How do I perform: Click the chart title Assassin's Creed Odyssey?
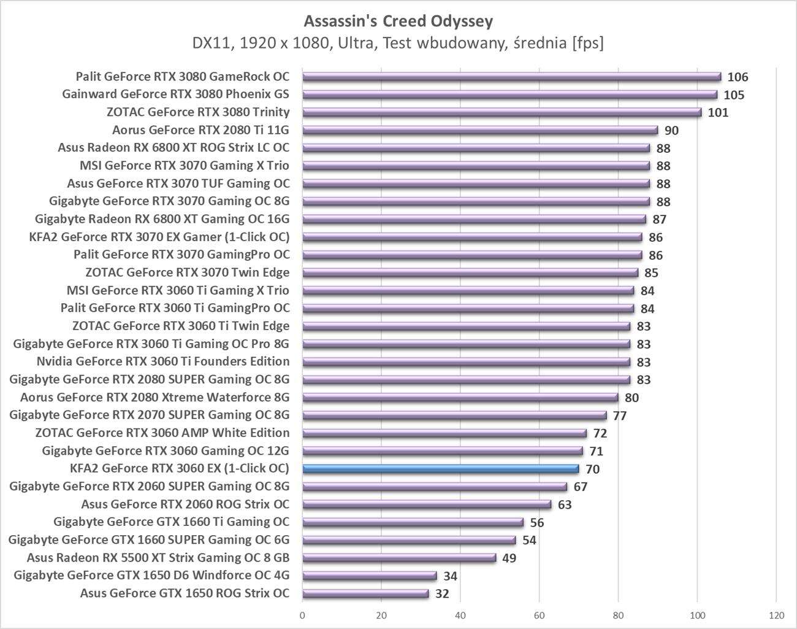pos(398,21)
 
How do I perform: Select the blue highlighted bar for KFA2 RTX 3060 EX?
pos(440,469)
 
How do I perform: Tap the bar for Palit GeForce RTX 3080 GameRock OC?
pos(511,77)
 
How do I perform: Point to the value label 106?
pos(738,77)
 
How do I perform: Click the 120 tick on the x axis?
pos(776,615)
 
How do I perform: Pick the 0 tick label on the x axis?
pos(302,615)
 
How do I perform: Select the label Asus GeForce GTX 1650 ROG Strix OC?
pos(185,593)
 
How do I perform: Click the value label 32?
pos(441,594)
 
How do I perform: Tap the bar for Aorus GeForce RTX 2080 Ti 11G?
pos(479,130)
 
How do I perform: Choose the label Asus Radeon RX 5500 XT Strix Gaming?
pos(158,558)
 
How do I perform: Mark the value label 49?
pos(509,558)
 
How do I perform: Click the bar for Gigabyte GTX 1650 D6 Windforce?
pos(369,576)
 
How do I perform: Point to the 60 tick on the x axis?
pos(539,615)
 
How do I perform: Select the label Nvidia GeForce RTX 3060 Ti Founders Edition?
pos(163,361)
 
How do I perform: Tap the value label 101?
pos(718,113)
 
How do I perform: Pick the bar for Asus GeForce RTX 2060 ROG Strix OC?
pos(427,504)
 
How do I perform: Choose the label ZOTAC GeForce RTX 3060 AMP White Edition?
pos(162,433)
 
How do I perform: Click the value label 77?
pos(619,416)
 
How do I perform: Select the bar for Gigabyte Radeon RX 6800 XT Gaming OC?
pos(474,219)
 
